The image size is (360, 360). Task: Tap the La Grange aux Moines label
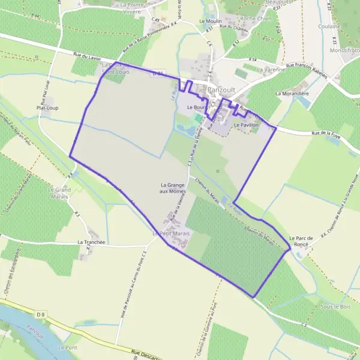coord(173,187)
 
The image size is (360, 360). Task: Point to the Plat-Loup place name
coord(48,108)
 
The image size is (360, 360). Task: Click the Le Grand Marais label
coord(59,193)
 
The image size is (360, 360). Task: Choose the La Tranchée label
coord(91,242)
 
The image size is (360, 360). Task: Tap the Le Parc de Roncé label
coord(301,241)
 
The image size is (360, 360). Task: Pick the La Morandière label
coord(291,94)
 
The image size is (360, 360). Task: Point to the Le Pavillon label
coord(246,125)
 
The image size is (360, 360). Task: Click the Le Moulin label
coord(209,20)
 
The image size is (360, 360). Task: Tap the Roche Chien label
coord(256,19)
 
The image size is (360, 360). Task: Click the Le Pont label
coord(67,347)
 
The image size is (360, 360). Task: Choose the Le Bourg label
coord(196,107)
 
